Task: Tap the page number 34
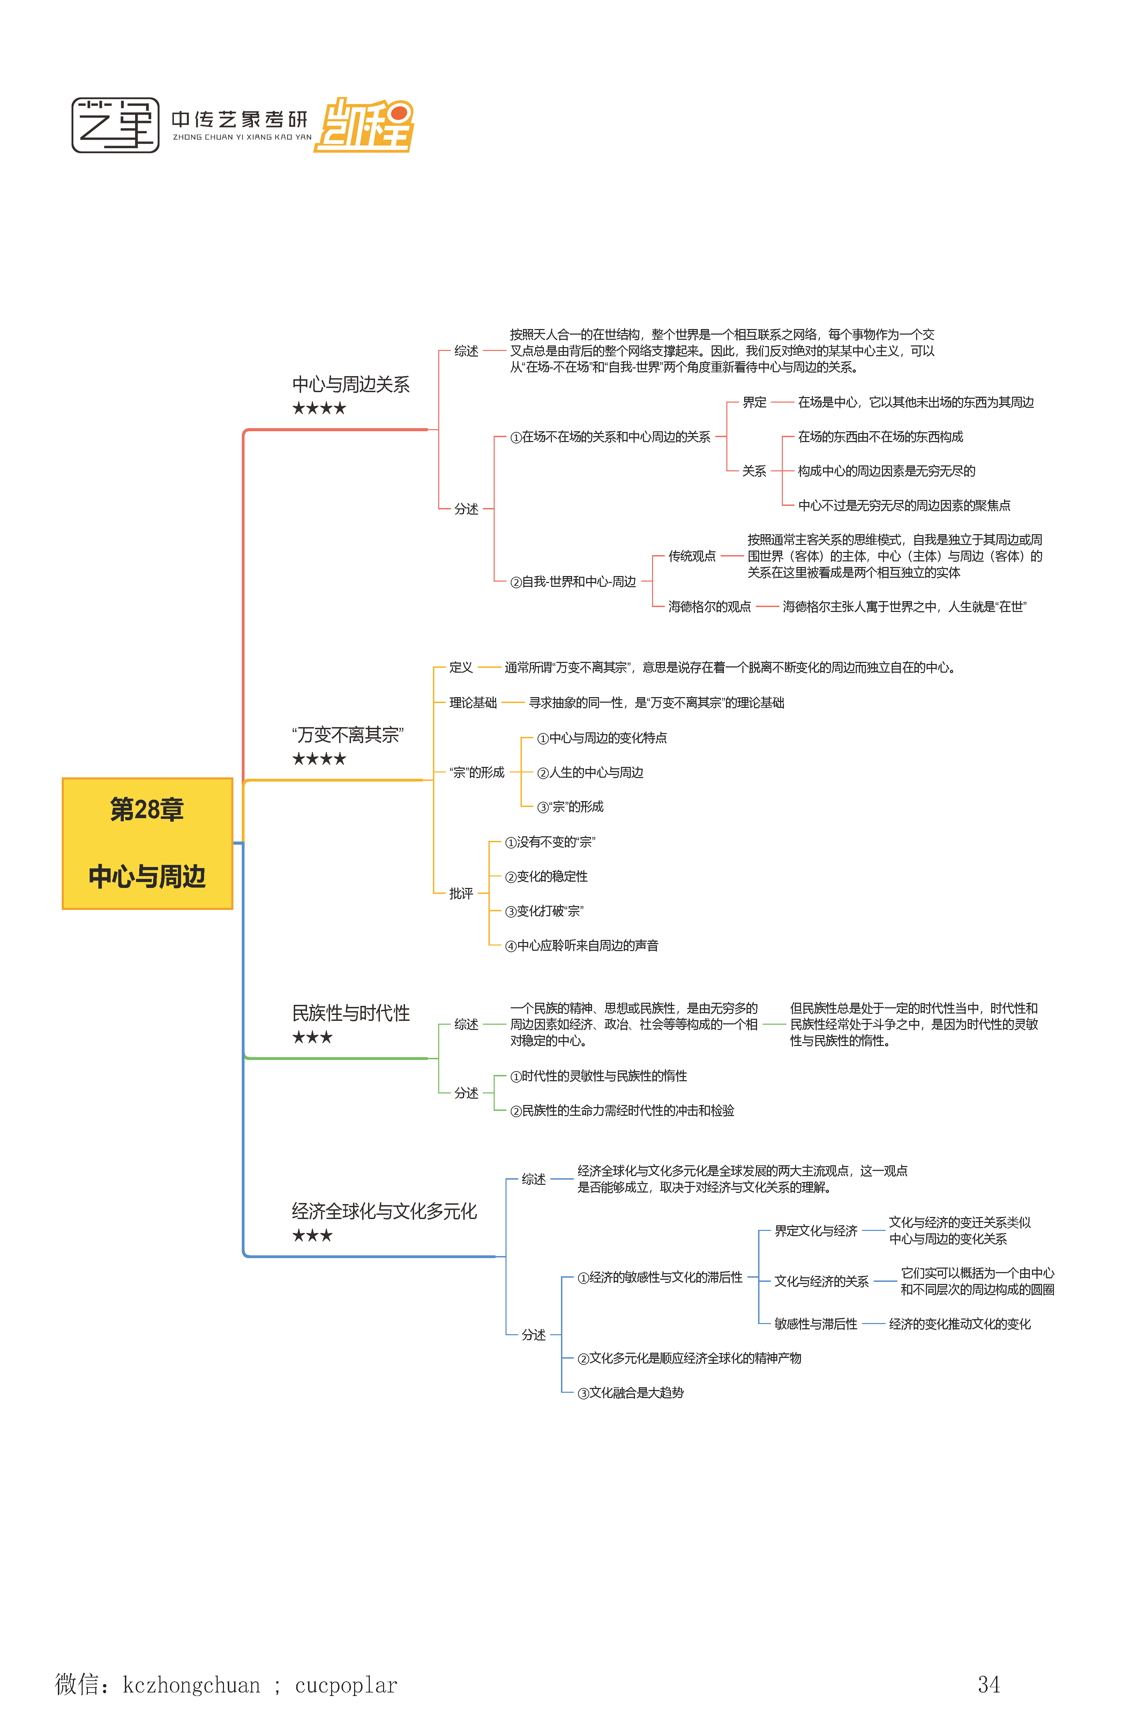point(988,1684)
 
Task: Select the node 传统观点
point(692,556)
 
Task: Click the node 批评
point(461,894)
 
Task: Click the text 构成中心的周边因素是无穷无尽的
point(886,471)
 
